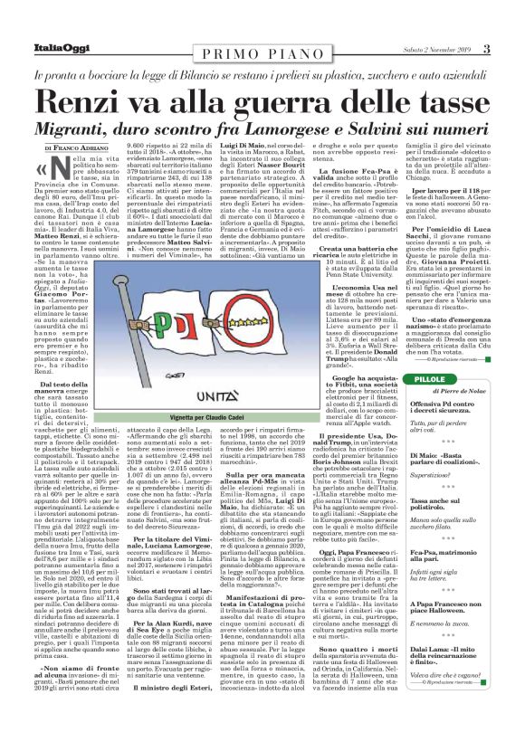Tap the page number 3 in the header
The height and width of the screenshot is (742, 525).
click(511, 49)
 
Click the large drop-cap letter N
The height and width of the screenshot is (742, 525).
click(58, 166)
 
